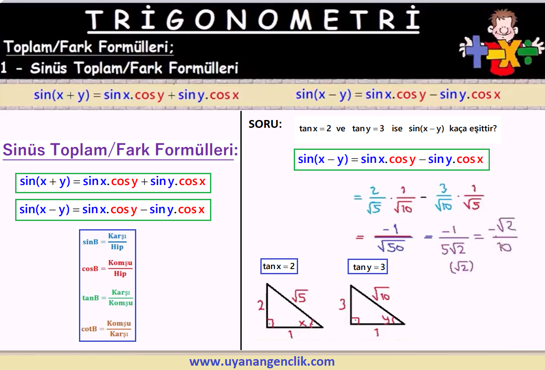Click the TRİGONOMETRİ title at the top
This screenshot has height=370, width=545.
253,19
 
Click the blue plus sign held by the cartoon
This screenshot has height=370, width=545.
475,52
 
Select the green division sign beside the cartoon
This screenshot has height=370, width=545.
528,52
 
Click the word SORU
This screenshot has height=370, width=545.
265,124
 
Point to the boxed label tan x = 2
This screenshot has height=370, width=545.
279,266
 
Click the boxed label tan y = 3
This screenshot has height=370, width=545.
368,267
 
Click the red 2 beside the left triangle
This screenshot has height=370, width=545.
261,305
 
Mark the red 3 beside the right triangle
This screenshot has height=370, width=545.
342,305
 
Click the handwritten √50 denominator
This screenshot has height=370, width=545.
391,247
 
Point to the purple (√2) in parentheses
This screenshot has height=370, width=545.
461,267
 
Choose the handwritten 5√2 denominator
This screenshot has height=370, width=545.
453,248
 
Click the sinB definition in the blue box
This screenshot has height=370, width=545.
105,241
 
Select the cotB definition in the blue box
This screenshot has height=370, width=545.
106,329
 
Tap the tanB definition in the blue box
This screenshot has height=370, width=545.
108,298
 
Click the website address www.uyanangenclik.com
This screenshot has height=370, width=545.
262,361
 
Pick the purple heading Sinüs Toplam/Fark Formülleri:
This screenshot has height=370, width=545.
120,149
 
